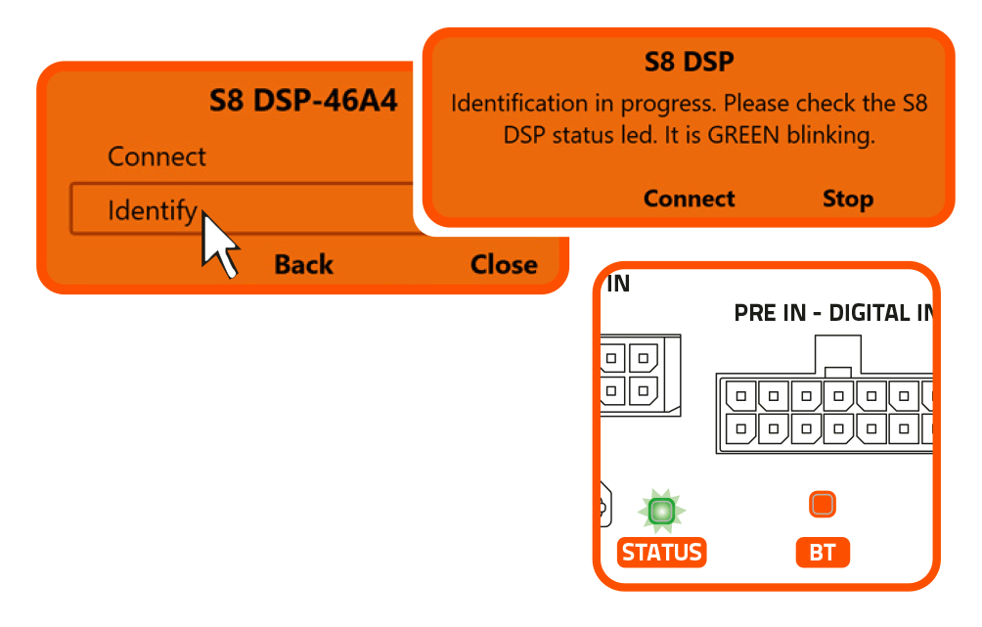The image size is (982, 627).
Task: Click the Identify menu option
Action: click(x=153, y=210)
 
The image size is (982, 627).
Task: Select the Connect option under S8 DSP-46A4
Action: click(x=156, y=157)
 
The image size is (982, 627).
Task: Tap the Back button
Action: click(x=303, y=265)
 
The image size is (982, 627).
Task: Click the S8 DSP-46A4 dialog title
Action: click(x=303, y=101)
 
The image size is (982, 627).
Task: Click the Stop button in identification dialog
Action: click(x=847, y=200)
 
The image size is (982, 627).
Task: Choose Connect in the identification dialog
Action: click(x=689, y=200)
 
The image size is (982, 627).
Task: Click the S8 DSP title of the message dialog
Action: click(x=689, y=63)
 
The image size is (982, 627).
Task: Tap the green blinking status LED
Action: click(x=662, y=511)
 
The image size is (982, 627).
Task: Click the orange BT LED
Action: click(x=823, y=505)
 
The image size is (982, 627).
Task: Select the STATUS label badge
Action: click(x=662, y=553)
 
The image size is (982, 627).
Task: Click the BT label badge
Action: click(x=823, y=553)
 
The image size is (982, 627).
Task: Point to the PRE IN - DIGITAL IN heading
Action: click(x=831, y=314)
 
